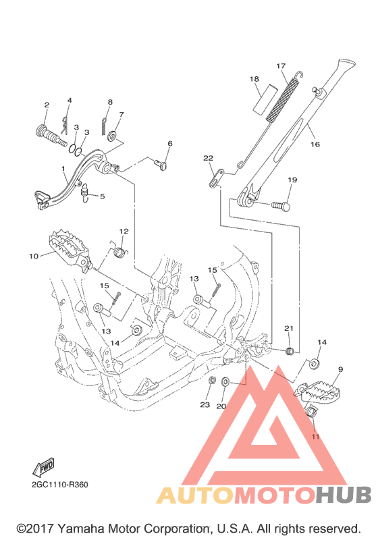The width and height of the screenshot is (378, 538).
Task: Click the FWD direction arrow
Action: [43, 467]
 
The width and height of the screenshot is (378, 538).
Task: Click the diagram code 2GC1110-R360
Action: [60, 485]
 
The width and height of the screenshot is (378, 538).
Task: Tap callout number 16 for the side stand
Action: [315, 144]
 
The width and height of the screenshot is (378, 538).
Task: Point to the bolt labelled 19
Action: [281, 206]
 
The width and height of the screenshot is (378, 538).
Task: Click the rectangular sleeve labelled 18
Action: [265, 99]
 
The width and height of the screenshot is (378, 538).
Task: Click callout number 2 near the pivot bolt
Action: [47, 105]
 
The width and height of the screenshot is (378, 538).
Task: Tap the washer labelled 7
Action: [112, 136]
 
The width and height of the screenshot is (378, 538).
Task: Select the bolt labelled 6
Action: [161, 166]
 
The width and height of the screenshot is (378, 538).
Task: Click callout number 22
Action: [208, 158]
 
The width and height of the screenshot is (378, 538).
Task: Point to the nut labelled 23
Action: [213, 380]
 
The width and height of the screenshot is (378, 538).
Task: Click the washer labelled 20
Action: [226, 381]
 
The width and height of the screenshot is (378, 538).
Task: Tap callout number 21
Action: [289, 328]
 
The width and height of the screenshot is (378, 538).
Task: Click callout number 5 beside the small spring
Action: [102, 196]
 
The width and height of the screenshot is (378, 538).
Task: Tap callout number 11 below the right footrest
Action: [315, 436]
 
